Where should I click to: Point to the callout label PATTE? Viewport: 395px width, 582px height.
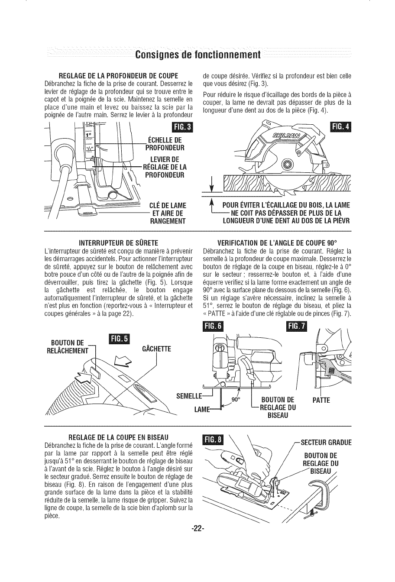pyautogui.click(x=321, y=401)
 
